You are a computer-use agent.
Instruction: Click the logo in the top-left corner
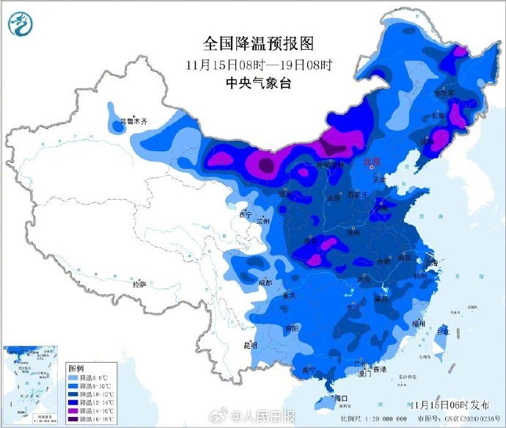pyautogui.click(x=21, y=25)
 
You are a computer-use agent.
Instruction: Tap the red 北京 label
pyautogui.click(x=373, y=161)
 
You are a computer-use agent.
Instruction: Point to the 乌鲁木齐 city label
pyautogui.click(x=134, y=122)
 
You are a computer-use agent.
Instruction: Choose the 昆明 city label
pyautogui.click(x=250, y=344)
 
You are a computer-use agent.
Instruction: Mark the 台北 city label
pyautogui.click(x=444, y=331)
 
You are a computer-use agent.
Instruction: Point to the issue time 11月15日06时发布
pyautogui.click(x=448, y=405)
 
